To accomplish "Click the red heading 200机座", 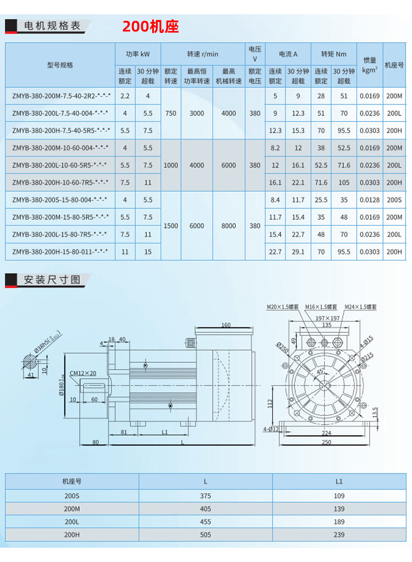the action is click(x=151, y=26).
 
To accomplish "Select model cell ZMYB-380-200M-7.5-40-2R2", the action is click(x=62, y=96).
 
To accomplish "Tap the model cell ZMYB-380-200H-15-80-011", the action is click(x=60, y=252).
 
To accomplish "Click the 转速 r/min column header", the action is click(x=202, y=54).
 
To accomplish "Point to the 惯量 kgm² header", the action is click(x=370, y=65).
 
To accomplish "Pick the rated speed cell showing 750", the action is click(x=170, y=113).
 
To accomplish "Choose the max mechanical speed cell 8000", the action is click(x=229, y=226).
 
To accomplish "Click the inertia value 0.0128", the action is click(x=370, y=199).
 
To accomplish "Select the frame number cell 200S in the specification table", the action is click(x=394, y=199).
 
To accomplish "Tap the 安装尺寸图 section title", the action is click(x=52, y=280).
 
